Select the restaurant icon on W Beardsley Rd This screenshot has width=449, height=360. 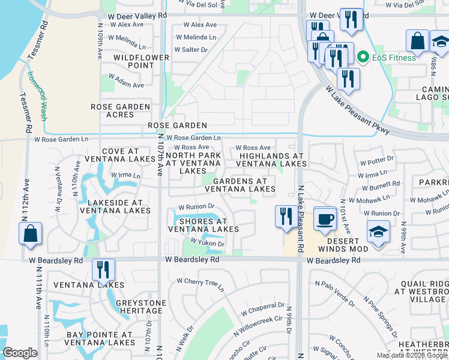click(103, 271)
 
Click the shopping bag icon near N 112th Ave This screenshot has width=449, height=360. click(30, 233)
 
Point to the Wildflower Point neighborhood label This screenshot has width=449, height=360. click(134, 61)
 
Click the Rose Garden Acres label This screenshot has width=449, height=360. click(120, 110)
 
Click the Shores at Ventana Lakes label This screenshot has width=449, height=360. click(203, 225)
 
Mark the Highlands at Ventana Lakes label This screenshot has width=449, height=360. click(271, 160)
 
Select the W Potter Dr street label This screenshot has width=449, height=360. click(376, 161)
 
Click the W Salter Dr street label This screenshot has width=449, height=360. click(191, 49)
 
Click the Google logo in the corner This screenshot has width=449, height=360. click(20, 353)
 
